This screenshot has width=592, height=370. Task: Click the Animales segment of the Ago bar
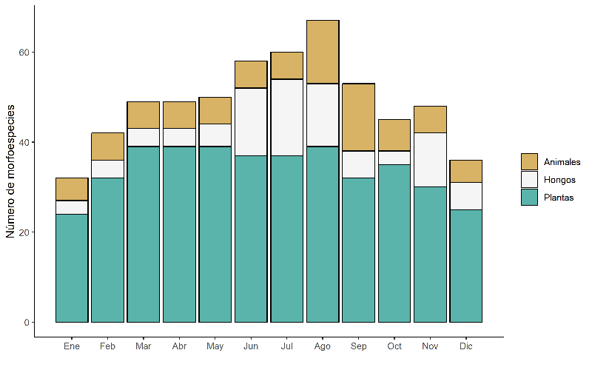tap(323, 52)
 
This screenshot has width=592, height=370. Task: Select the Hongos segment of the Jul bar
tap(286, 118)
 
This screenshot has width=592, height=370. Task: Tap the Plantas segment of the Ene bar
tap(72, 269)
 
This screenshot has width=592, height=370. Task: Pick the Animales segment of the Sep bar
tap(358, 118)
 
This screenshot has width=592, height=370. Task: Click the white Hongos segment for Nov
tap(430, 160)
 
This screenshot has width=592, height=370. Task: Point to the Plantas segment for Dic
tap(466, 266)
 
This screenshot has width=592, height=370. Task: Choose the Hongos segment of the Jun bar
tap(251, 122)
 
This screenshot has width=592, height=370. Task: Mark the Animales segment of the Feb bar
tap(107, 147)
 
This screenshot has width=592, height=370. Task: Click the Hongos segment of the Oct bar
tap(394, 158)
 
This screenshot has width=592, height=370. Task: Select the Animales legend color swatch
tap(529, 161)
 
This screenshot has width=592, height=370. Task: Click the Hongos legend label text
tap(559, 180)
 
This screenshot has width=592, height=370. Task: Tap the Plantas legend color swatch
tap(529, 198)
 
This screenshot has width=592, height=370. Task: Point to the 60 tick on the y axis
tap(24, 52)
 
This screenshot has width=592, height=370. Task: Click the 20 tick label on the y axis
tap(24, 232)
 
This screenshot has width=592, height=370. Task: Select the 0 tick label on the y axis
tap(27, 323)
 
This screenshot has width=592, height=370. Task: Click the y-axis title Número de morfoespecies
tap(10, 172)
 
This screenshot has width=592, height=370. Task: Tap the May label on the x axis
tap(215, 346)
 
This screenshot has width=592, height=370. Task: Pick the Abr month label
tap(179, 346)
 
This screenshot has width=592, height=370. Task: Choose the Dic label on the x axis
tap(466, 346)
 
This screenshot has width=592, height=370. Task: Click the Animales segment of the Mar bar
tap(144, 115)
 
